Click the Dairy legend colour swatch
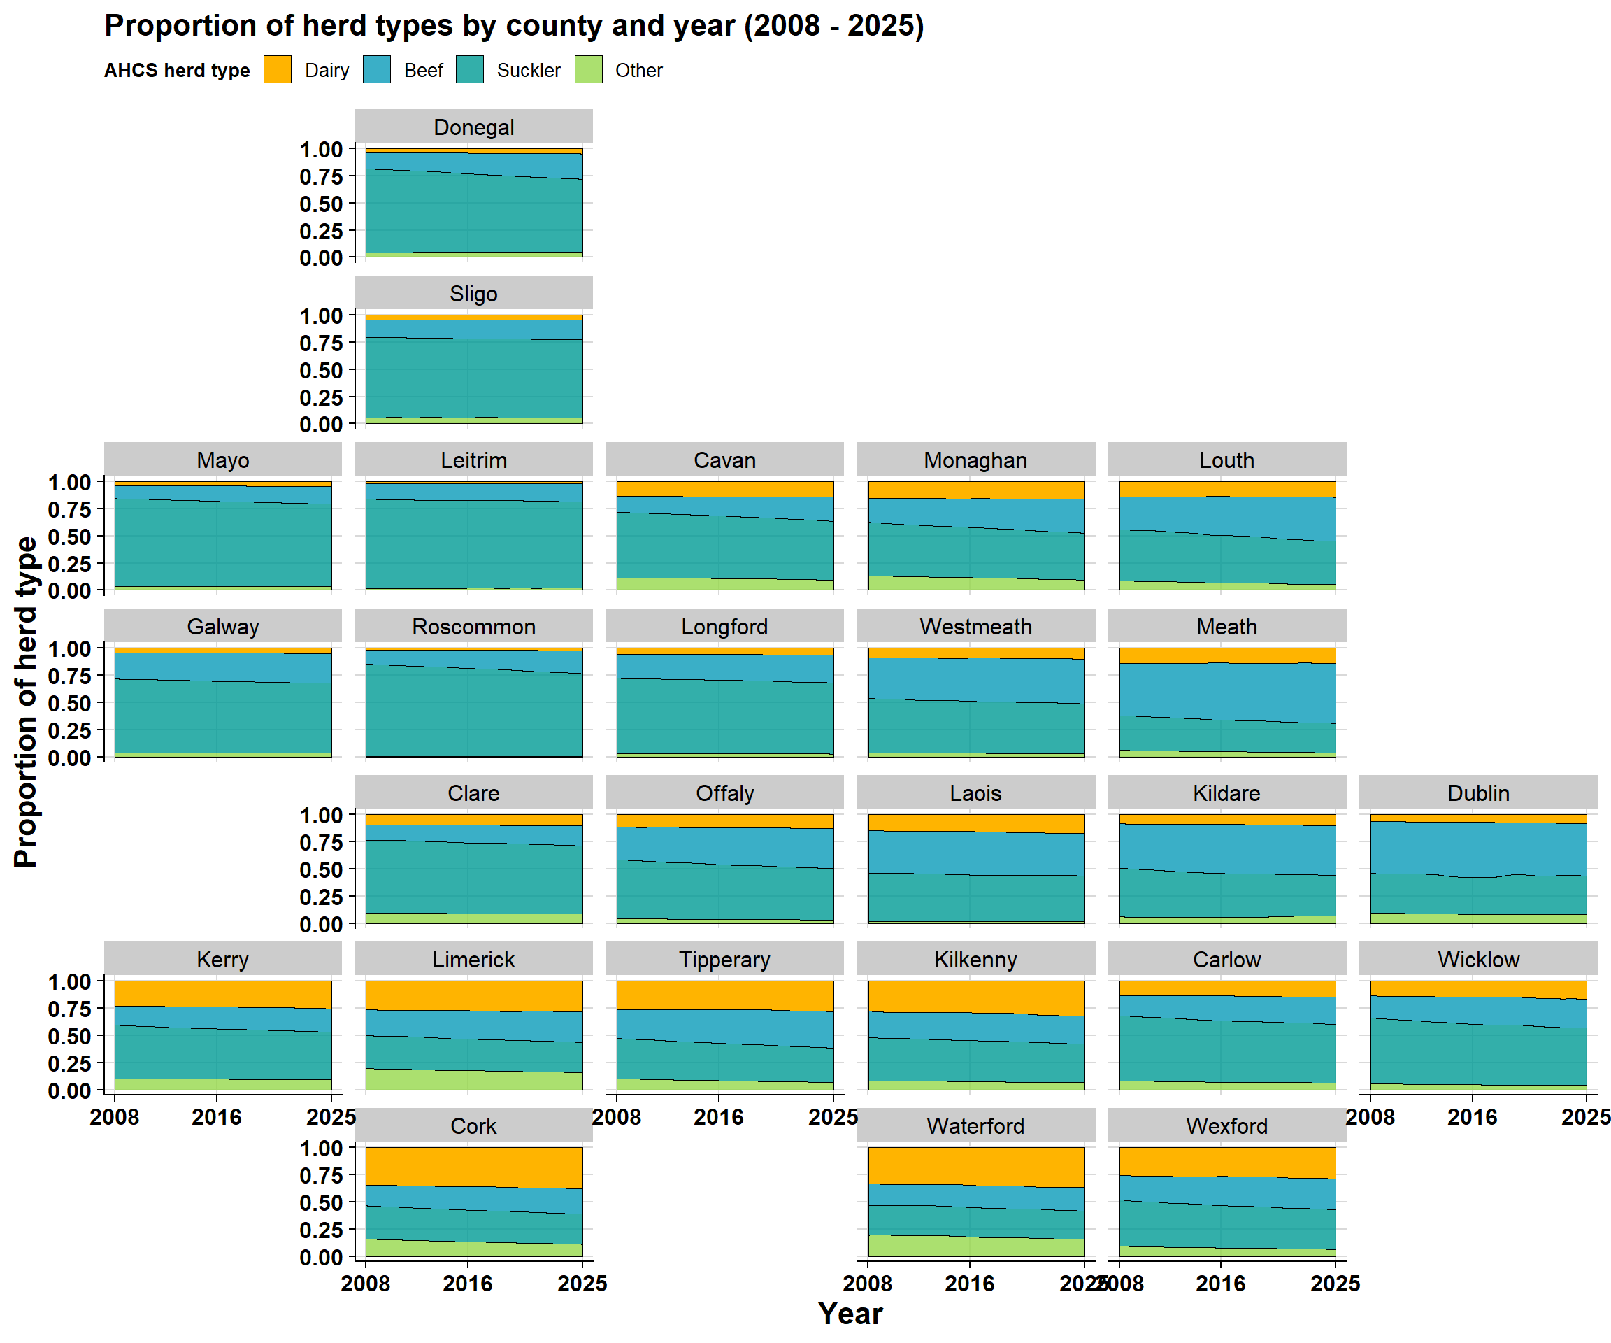tap(277, 70)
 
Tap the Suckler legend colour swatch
tap(469, 70)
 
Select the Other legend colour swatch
tap(589, 70)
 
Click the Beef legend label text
tap(424, 71)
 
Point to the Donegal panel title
tap(474, 127)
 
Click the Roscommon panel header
tap(474, 627)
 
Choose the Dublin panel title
tap(1478, 793)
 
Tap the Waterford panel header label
tap(976, 1127)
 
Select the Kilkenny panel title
tap(976, 960)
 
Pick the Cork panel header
tap(474, 1127)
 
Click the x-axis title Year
tap(851, 1314)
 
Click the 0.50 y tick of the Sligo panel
tap(321, 370)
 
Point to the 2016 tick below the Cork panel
tap(468, 1284)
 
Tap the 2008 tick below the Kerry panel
tap(114, 1117)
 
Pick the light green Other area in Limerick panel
tap(474, 1080)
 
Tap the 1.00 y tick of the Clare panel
tap(321, 815)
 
